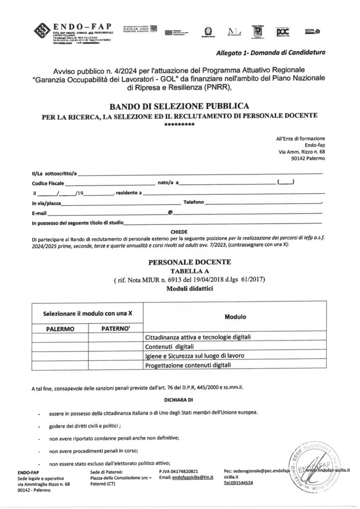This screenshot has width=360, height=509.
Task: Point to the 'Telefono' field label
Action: click(193, 203)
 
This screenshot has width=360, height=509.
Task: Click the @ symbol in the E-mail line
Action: click(170, 212)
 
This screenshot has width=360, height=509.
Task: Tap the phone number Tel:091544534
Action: click(238, 483)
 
